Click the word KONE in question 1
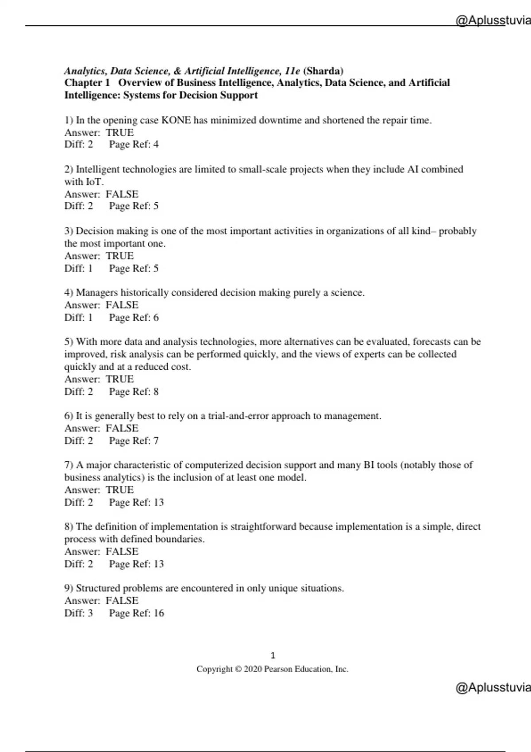pyautogui.click(x=176, y=120)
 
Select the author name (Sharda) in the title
pyautogui.click(x=323, y=71)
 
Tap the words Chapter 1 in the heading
pyautogui.click(x=87, y=83)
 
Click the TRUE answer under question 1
pyautogui.click(x=119, y=133)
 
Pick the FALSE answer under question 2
pyautogui.click(x=122, y=194)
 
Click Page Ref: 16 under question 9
pyautogui.click(x=136, y=613)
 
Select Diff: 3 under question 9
pyautogui.click(x=79, y=613)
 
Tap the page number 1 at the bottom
pyautogui.click(x=273, y=656)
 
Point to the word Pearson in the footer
pyautogui.click(x=278, y=669)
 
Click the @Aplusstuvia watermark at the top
pyautogui.click(x=493, y=20)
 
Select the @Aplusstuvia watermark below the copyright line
pyautogui.click(x=493, y=687)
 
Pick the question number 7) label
pyautogui.click(x=69, y=465)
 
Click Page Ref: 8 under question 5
pyautogui.click(x=134, y=391)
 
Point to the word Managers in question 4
pyautogui.click(x=97, y=293)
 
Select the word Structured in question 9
pyautogui.click(x=97, y=588)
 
